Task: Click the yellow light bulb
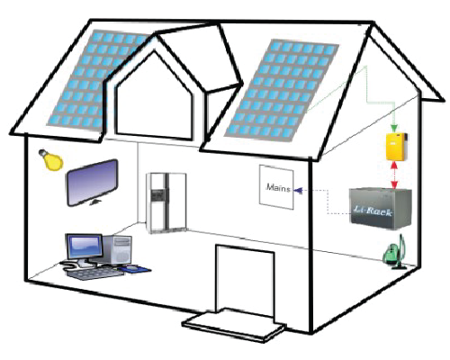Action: coord(51,160)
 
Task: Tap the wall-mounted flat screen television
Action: coord(92,183)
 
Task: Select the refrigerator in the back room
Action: coord(166,202)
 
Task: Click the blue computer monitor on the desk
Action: coord(85,247)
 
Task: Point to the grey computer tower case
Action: coord(117,249)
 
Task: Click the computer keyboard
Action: coord(93,274)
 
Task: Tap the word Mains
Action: coord(278,188)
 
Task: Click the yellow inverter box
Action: coord(397,147)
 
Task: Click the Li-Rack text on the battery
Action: coord(373,211)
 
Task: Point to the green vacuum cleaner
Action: coord(395,253)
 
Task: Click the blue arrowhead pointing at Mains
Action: coord(298,191)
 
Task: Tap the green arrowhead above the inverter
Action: coord(394,129)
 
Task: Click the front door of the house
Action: coord(245,281)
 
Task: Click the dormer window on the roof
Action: coord(154,96)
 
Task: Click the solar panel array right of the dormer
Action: coord(282,90)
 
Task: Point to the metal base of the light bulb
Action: coord(42,153)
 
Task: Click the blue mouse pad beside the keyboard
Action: coord(134,269)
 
